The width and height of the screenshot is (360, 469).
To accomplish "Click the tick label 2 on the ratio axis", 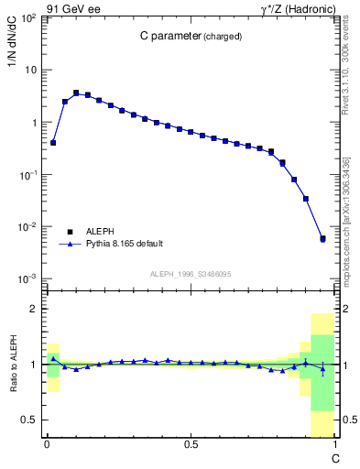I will [32, 309].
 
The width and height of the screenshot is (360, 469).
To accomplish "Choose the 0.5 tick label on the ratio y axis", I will [27, 420].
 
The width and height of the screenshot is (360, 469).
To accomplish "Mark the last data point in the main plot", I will [322, 238].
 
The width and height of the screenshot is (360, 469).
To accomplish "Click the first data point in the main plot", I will [53, 143].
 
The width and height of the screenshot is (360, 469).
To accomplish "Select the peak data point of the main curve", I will [76, 93].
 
